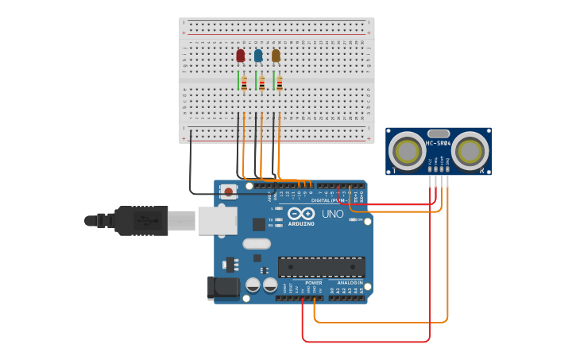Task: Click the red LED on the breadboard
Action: [241, 56]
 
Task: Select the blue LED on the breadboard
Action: [258, 56]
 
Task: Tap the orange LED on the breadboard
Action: [276, 56]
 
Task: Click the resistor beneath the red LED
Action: [244, 83]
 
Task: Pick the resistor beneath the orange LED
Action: [280, 83]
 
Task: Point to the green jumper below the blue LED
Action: [256, 80]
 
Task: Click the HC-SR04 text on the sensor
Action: [438, 143]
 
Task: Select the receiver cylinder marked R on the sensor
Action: [470, 150]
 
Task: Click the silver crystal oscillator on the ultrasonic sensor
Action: [439, 134]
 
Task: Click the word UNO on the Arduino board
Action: [333, 214]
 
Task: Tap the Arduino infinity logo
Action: [301, 214]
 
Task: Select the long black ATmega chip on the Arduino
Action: [321, 267]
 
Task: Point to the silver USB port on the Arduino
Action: [217, 220]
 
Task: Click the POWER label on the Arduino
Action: [314, 282]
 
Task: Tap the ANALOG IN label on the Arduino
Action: [349, 282]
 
